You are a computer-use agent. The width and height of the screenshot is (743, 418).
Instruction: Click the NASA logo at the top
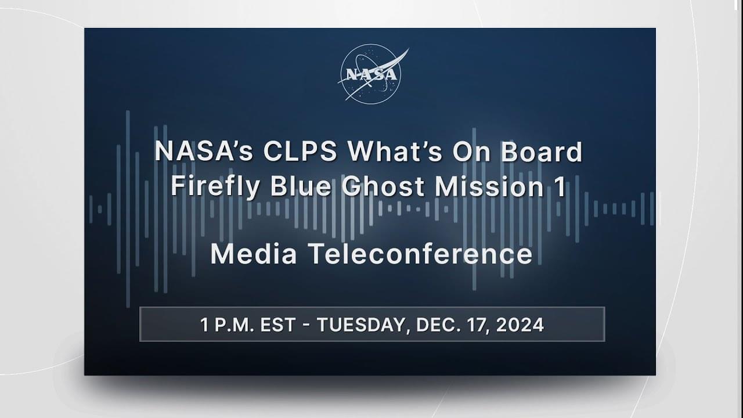click(372, 74)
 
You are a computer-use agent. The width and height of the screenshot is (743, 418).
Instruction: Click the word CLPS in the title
click(300, 152)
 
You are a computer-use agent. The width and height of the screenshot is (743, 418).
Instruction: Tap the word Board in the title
click(542, 152)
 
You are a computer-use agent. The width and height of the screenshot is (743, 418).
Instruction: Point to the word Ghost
click(383, 186)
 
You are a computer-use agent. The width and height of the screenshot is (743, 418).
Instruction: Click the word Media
click(254, 254)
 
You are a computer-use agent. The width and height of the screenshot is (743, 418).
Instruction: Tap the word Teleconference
click(420, 254)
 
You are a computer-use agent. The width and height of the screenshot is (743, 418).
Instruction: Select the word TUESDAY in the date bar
click(361, 325)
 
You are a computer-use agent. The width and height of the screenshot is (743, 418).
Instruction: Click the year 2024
click(520, 325)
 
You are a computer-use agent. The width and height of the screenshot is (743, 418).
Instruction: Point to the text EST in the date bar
click(277, 325)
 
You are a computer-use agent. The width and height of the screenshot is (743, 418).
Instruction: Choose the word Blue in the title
click(301, 186)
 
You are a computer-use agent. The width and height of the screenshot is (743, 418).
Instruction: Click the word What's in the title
click(394, 152)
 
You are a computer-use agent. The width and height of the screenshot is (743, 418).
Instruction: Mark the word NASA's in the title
click(204, 152)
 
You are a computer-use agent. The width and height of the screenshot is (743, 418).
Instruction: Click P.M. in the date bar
click(234, 325)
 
